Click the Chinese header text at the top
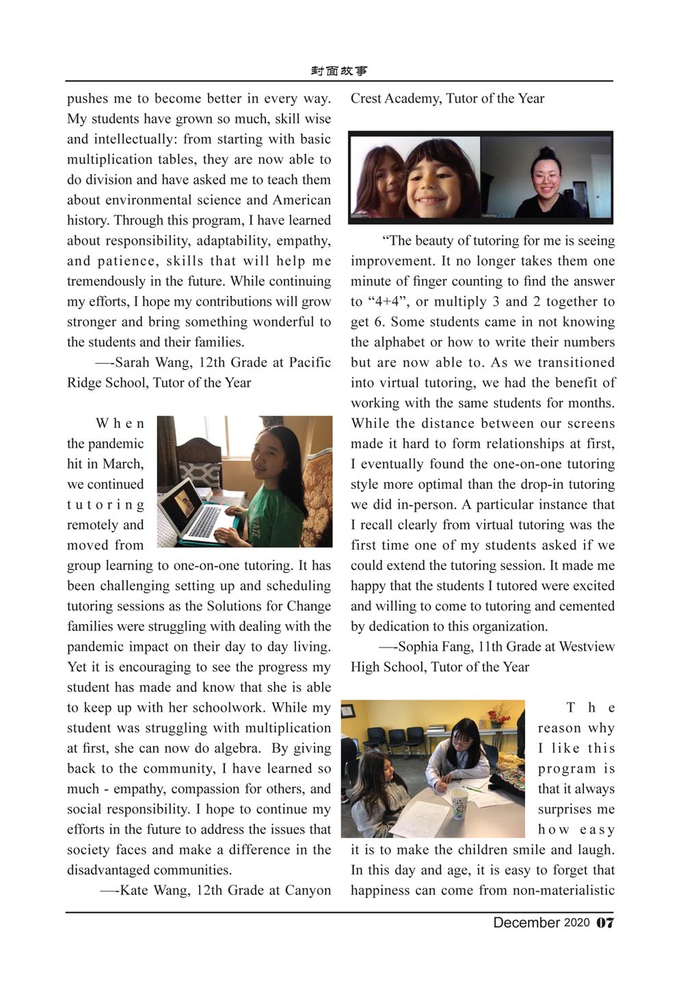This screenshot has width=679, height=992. tap(339, 71)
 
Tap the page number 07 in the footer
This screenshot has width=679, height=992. tap(605, 923)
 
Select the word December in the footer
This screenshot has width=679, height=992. tap(527, 923)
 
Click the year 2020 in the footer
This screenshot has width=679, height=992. tap(576, 923)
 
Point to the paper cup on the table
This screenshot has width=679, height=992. tap(458, 803)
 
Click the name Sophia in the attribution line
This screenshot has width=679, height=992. tap(419, 647)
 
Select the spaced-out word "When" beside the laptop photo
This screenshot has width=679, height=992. tap(120, 424)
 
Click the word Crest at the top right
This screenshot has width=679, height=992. tap(366, 98)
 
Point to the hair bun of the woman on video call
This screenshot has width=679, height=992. tap(546, 152)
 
